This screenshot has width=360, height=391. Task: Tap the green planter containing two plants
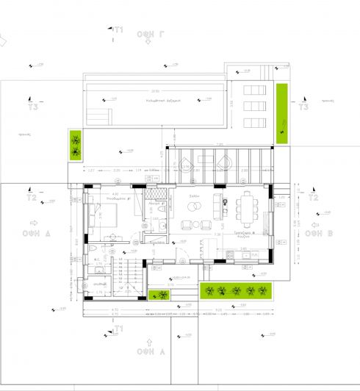(75, 145)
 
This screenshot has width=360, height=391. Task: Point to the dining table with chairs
(248, 209)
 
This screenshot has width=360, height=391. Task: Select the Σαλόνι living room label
(194, 197)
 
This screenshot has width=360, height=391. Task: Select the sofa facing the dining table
(217, 206)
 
